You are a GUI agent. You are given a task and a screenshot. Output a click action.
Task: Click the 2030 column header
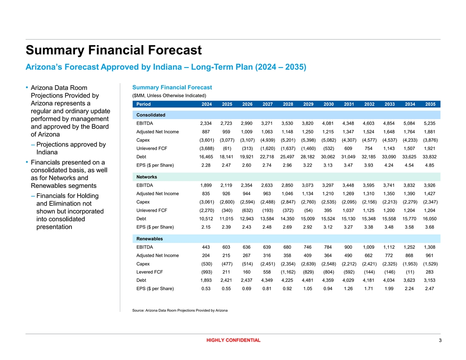point(328,104)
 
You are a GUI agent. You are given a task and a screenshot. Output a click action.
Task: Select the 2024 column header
point(206,104)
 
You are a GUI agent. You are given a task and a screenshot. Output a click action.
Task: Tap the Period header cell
point(143,104)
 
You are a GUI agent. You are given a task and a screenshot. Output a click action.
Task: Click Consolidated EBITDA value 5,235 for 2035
point(430,124)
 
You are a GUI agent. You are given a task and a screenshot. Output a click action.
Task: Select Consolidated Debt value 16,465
point(206,157)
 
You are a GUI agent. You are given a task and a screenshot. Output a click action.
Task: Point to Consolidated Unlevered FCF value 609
point(349,148)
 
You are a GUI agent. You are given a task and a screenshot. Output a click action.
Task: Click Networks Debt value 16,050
point(430,218)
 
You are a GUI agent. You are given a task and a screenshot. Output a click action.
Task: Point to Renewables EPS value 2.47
point(430,289)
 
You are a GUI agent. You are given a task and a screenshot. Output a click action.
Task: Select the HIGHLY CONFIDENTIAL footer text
point(233,340)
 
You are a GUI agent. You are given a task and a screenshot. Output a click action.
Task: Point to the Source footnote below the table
point(180,311)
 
